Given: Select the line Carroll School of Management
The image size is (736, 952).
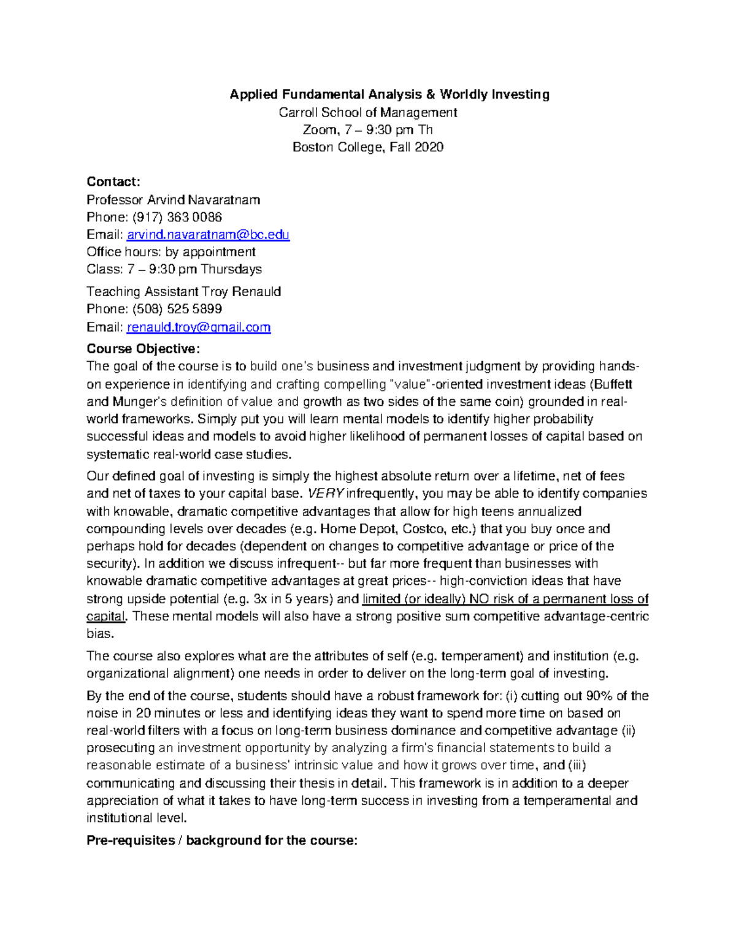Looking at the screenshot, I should (368, 112).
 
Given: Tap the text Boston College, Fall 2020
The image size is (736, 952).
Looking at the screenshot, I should (368, 147).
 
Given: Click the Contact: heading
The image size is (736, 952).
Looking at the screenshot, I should (113, 181).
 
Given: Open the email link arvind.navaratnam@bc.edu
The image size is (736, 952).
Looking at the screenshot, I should (208, 235).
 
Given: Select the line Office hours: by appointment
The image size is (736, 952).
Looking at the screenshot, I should (171, 252).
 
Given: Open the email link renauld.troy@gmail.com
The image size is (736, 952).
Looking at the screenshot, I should (199, 327).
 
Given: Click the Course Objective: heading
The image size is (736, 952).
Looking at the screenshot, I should (143, 349).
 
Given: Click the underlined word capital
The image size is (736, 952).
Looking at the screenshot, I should (105, 617).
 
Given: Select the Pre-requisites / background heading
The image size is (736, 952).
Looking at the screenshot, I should (221, 840).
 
